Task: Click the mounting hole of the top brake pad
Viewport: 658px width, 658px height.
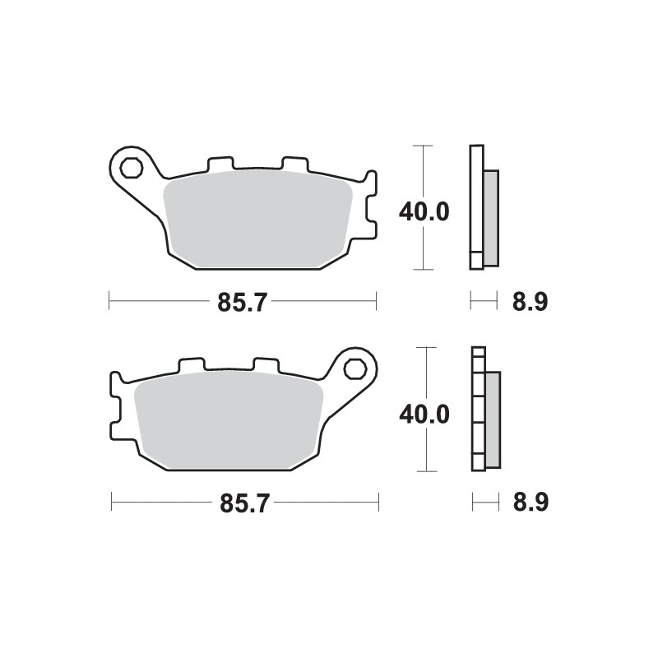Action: [129, 169]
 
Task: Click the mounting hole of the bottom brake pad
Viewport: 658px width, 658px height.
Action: [356, 368]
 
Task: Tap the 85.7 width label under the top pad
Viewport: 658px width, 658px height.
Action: [243, 302]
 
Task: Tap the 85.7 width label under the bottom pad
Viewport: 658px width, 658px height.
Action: [244, 503]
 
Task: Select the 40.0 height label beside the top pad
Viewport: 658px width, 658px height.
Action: [424, 211]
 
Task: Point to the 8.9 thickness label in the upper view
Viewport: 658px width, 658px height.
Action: [530, 302]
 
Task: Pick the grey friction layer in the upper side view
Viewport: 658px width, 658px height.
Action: [490, 217]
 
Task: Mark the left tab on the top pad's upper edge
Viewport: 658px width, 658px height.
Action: [218, 164]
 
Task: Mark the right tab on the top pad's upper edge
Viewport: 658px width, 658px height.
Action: [294, 164]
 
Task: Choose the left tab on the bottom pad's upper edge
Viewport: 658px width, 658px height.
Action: [191, 364]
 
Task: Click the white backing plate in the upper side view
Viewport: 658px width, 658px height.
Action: [475, 206]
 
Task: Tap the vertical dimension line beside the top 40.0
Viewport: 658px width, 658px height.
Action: [422, 247]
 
